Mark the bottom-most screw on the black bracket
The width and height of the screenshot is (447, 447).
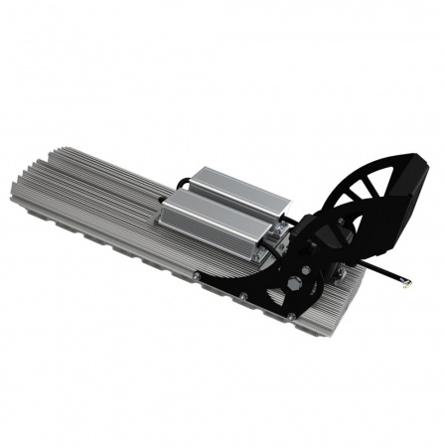point(290,316)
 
